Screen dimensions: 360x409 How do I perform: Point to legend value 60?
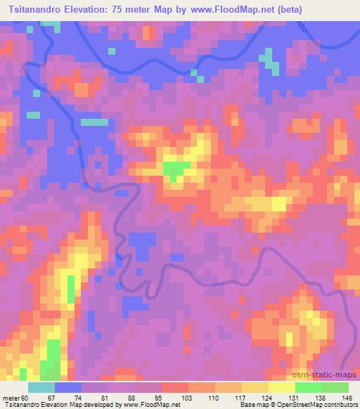(x=29, y=397)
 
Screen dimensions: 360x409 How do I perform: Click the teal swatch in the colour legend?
(x=41, y=387)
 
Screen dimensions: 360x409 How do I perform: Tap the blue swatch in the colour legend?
(x=68, y=387)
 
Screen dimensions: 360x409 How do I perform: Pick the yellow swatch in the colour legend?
(x=281, y=387)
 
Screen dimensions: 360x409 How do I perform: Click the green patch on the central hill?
(x=176, y=169)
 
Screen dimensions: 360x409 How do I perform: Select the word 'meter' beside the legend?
(x=12, y=397)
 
